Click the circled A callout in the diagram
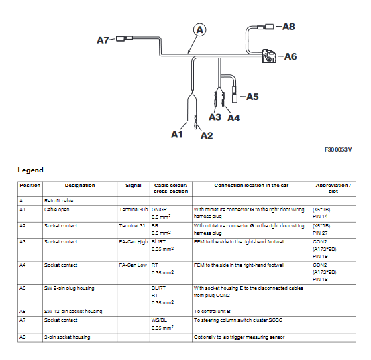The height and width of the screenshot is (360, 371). [x=199, y=29]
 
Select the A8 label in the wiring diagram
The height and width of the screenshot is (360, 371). [x=288, y=27]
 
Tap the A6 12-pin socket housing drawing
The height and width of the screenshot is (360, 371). [x=269, y=56]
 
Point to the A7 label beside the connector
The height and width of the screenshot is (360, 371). [x=103, y=40]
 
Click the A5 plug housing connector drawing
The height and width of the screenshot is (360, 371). [x=235, y=95]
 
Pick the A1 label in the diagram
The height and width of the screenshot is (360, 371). [x=177, y=135]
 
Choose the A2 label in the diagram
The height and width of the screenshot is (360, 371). [x=207, y=135]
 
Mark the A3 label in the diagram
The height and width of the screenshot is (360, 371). [x=215, y=117]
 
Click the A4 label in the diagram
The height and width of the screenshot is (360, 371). [x=233, y=118]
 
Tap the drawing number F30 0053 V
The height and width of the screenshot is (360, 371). [x=338, y=149]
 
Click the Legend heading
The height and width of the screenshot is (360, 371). [x=30, y=170]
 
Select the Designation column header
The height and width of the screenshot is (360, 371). [x=80, y=186]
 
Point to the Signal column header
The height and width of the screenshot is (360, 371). [x=134, y=186]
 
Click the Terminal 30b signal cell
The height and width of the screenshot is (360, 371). [x=134, y=210]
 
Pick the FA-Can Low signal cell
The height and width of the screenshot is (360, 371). [x=133, y=265]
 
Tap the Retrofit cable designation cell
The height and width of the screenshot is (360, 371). [x=58, y=201]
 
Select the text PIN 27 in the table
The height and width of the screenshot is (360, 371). [x=320, y=233]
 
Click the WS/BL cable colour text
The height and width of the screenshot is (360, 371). [x=159, y=320]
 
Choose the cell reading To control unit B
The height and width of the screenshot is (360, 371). [x=212, y=312]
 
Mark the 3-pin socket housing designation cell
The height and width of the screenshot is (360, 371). [x=67, y=337]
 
